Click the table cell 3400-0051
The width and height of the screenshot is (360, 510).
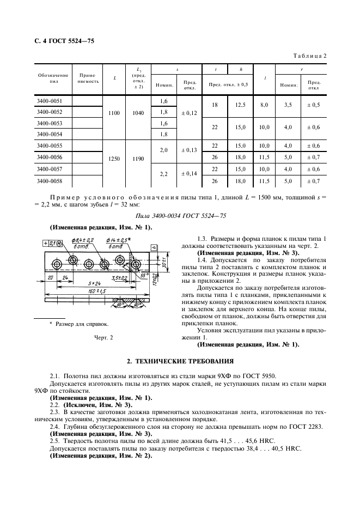pyautogui.click(x=49, y=101)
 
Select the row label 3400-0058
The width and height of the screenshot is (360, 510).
pyautogui.click(x=49, y=181)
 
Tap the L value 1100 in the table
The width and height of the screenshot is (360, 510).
pyautogui.click(x=114, y=113)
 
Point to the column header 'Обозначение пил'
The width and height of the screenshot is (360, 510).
pyautogui.click(x=53, y=78)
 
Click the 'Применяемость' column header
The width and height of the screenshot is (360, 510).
pyautogui.click(x=88, y=78)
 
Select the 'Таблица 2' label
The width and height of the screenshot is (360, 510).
pyautogui.click(x=310, y=56)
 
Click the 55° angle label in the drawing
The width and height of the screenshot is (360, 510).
pyautogui.click(x=143, y=276)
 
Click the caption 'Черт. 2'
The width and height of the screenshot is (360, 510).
pyautogui.click(x=103, y=338)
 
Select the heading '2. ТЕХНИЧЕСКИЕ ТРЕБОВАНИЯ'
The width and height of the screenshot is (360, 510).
pyautogui.click(x=180, y=361)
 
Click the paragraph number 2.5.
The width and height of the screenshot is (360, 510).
pyautogui.click(x=54, y=440)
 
